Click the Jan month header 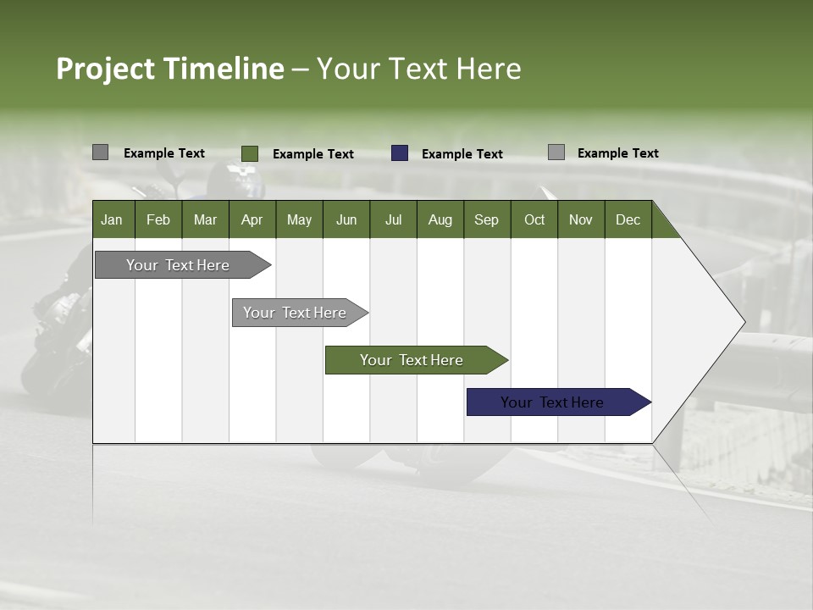pos(112,219)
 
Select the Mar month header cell pos(205,219)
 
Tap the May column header pos(299,219)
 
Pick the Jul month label pos(393,219)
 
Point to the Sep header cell pos(486,219)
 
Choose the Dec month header pos(628,219)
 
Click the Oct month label pos(534,219)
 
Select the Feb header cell pos(158,219)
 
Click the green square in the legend pos(249,153)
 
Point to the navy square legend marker pos(400,153)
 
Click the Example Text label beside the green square pos(313,154)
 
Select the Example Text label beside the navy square pos(462,154)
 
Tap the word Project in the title pos(105,69)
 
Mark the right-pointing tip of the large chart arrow pos(743,322)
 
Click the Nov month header pos(581,219)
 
